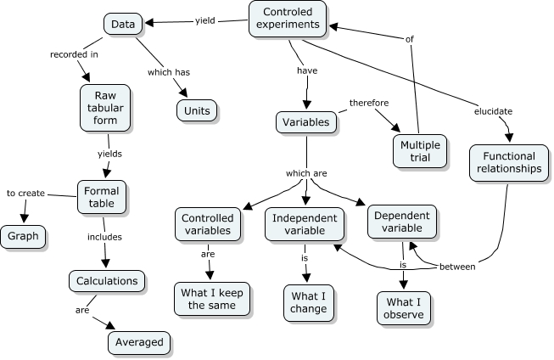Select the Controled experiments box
coord(287,19)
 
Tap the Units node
coord(196,110)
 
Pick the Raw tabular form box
coord(106,108)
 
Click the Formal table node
coord(103,198)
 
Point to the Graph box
coord(23,237)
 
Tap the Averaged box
coord(139,342)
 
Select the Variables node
coord(305,122)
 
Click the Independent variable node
coord(304,225)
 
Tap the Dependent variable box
coord(402,222)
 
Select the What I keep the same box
coord(208,299)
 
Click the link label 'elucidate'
coord(493,111)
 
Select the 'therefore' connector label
coord(369,103)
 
